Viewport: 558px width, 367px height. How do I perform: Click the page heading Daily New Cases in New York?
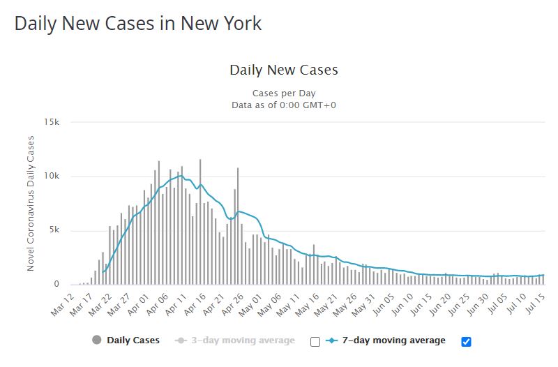(x=138, y=23)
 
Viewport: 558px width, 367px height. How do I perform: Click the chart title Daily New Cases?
(x=283, y=70)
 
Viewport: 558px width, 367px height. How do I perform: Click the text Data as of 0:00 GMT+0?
(x=284, y=105)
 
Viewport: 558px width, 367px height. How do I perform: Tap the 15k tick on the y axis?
(x=52, y=122)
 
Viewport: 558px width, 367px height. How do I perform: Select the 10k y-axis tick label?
(x=52, y=177)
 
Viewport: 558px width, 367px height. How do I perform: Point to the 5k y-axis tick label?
(x=55, y=231)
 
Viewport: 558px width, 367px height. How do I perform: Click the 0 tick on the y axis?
(x=59, y=285)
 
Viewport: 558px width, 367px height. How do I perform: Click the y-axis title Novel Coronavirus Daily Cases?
(x=31, y=204)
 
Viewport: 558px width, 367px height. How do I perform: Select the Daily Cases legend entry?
(x=133, y=340)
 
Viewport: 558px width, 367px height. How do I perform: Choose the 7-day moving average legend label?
(x=393, y=340)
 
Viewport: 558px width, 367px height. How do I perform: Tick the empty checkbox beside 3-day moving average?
(x=315, y=341)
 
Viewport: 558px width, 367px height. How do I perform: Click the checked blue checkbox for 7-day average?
(x=467, y=341)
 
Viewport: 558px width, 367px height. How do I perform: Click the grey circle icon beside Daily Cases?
(x=96, y=340)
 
